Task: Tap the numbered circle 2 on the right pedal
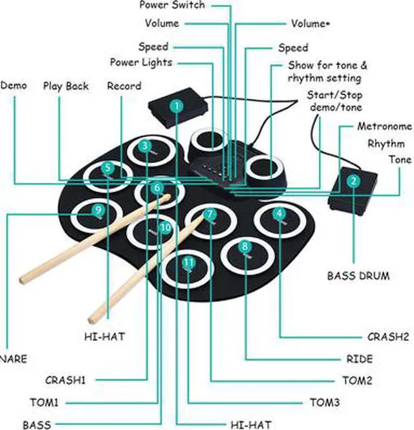click(x=353, y=182)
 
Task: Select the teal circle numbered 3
click(x=146, y=146)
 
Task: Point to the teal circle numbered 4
click(x=278, y=213)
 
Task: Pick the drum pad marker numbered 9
click(x=98, y=210)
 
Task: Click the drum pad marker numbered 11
click(x=188, y=262)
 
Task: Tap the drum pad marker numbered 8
click(x=244, y=246)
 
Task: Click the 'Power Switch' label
click(x=172, y=5)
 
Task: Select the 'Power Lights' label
click(x=141, y=62)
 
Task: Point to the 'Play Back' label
click(x=66, y=85)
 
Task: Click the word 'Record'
click(x=124, y=85)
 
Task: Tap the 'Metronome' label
click(x=384, y=126)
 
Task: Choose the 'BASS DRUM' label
click(x=358, y=276)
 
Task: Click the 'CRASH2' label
click(x=388, y=337)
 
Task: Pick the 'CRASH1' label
click(x=65, y=380)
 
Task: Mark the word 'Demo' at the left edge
click(x=14, y=85)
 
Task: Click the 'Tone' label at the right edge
click(x=400, y=160)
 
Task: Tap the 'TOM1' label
click(x=44, y=402)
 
